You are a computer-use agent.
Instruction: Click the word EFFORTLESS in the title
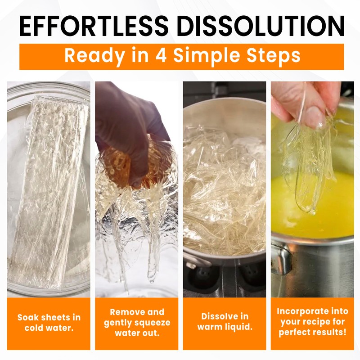point(94,26)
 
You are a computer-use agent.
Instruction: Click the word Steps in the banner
point(273,56)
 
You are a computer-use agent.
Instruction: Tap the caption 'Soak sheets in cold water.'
point(49,323)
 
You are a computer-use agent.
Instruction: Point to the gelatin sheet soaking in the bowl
point(49,190)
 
